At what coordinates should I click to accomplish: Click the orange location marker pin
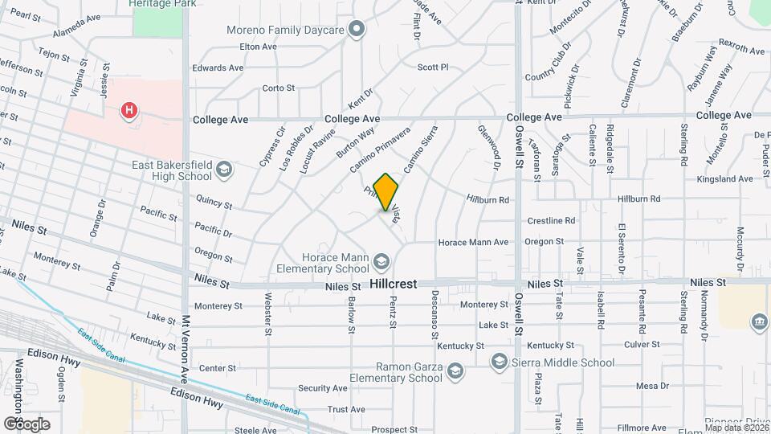click(386, 191)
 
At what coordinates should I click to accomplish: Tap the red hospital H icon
click(128, 111)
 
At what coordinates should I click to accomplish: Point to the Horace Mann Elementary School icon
click(382, 263)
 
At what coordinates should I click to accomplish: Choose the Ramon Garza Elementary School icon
click(455, 371)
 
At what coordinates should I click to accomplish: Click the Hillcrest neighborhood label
click(394, 285)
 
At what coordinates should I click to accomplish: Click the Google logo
click(27, 424)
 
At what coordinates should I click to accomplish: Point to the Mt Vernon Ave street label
click(186, 348)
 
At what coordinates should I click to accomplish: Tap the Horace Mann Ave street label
click(473, 242)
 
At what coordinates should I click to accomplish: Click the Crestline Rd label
click(551, 220)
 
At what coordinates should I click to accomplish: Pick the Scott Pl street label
click(432, 68)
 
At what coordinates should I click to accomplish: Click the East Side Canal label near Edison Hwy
click(272, 404)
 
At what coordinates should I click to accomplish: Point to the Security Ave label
click(323, 388)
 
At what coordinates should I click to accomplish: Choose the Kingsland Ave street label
click(724, 178)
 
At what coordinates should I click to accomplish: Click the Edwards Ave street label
click(218, 68)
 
